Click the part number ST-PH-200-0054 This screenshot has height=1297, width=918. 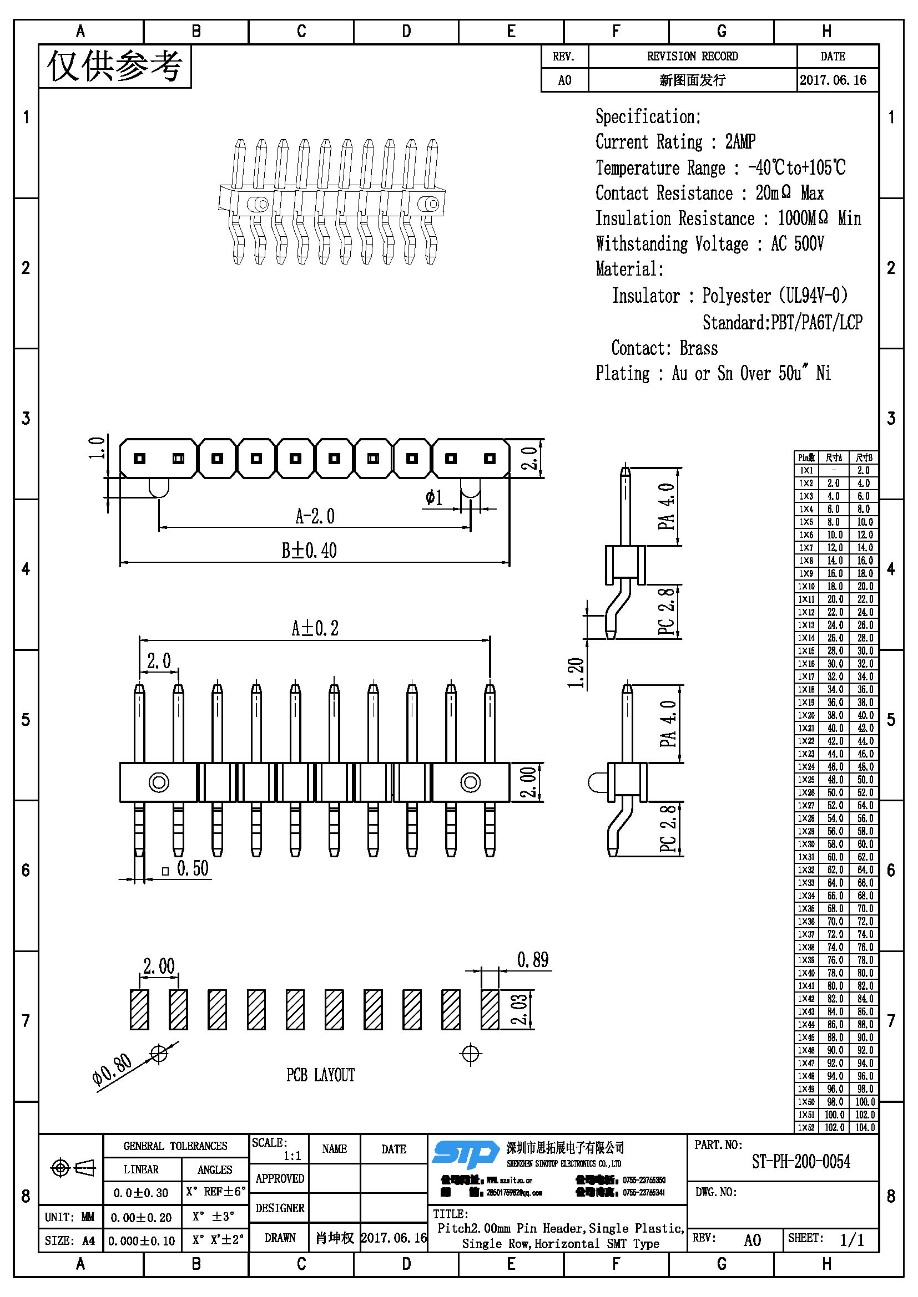tap(800, 1162)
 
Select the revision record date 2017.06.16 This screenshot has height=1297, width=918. tap(833, 80)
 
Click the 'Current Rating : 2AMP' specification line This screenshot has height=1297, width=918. tap(675, 142)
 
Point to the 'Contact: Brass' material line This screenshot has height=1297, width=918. tap(664, 348)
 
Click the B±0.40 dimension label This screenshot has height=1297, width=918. tap(309, 550)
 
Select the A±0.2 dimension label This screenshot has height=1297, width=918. tap(315, 628)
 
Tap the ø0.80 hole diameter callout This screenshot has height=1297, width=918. tap(112, 1069)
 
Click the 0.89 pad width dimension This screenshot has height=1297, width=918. tap(532, 960)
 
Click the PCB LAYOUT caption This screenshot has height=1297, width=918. tap(320, 1075)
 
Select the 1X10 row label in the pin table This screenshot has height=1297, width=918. tap(806, 586)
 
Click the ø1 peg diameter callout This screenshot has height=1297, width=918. tap(433, 497)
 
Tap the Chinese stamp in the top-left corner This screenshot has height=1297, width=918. tap(115, 66)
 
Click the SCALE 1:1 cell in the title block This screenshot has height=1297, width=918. tap(278, 1149)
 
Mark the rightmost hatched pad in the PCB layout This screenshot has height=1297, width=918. tap(490, 1009)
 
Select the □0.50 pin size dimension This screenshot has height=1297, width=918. tap(186, 869)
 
